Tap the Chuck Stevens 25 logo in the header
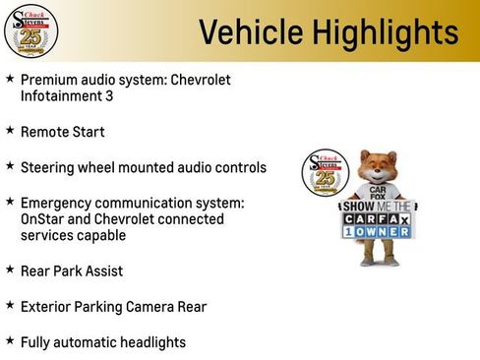(30, 30)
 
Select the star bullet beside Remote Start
(10, 130)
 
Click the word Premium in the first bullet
(48, 80)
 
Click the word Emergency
(55, 203)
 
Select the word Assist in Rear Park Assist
(103, 270)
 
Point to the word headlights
(149, 342)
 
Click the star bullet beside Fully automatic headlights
(10, 340)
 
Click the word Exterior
(45, 307)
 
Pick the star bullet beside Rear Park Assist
(10, 270)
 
